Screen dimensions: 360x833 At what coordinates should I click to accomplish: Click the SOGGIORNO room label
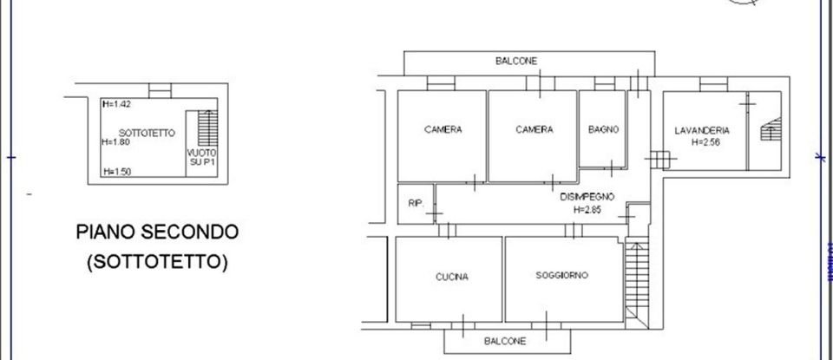(562, 275)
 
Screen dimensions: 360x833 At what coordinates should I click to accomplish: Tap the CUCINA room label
(452, 278)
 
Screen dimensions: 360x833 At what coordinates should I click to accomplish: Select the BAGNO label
(603, 130)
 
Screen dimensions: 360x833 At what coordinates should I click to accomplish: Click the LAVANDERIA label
(702, 131)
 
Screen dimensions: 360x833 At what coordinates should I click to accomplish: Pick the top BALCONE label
(516, 61)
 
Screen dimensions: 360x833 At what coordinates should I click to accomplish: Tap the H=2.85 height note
(587, 209)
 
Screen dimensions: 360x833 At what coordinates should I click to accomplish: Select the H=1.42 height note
(115, 105)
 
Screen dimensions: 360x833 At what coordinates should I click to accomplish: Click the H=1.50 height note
(115, 172)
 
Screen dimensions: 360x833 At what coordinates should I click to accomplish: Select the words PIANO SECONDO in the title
(157, 232)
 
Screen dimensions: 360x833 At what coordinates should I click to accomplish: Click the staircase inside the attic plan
(207, 128)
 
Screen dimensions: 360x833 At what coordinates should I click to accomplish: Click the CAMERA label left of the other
(443, 130)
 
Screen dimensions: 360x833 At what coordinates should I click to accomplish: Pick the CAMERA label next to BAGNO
(535, 130)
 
